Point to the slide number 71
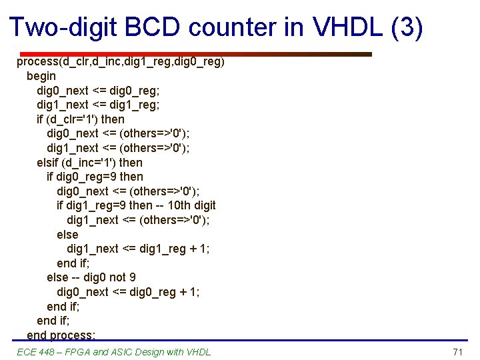(457, 351)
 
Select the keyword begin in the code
(41, 76)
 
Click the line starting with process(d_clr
(121, 62)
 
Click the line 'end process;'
(61, 335)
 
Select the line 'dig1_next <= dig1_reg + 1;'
(138, 249)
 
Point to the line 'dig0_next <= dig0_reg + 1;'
(128, 292)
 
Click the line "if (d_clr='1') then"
(81, 119)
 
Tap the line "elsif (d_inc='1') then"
(89, 163)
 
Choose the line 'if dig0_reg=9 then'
(95, 177)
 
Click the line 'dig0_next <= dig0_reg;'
(98, 91)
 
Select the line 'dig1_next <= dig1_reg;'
(98, 105)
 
